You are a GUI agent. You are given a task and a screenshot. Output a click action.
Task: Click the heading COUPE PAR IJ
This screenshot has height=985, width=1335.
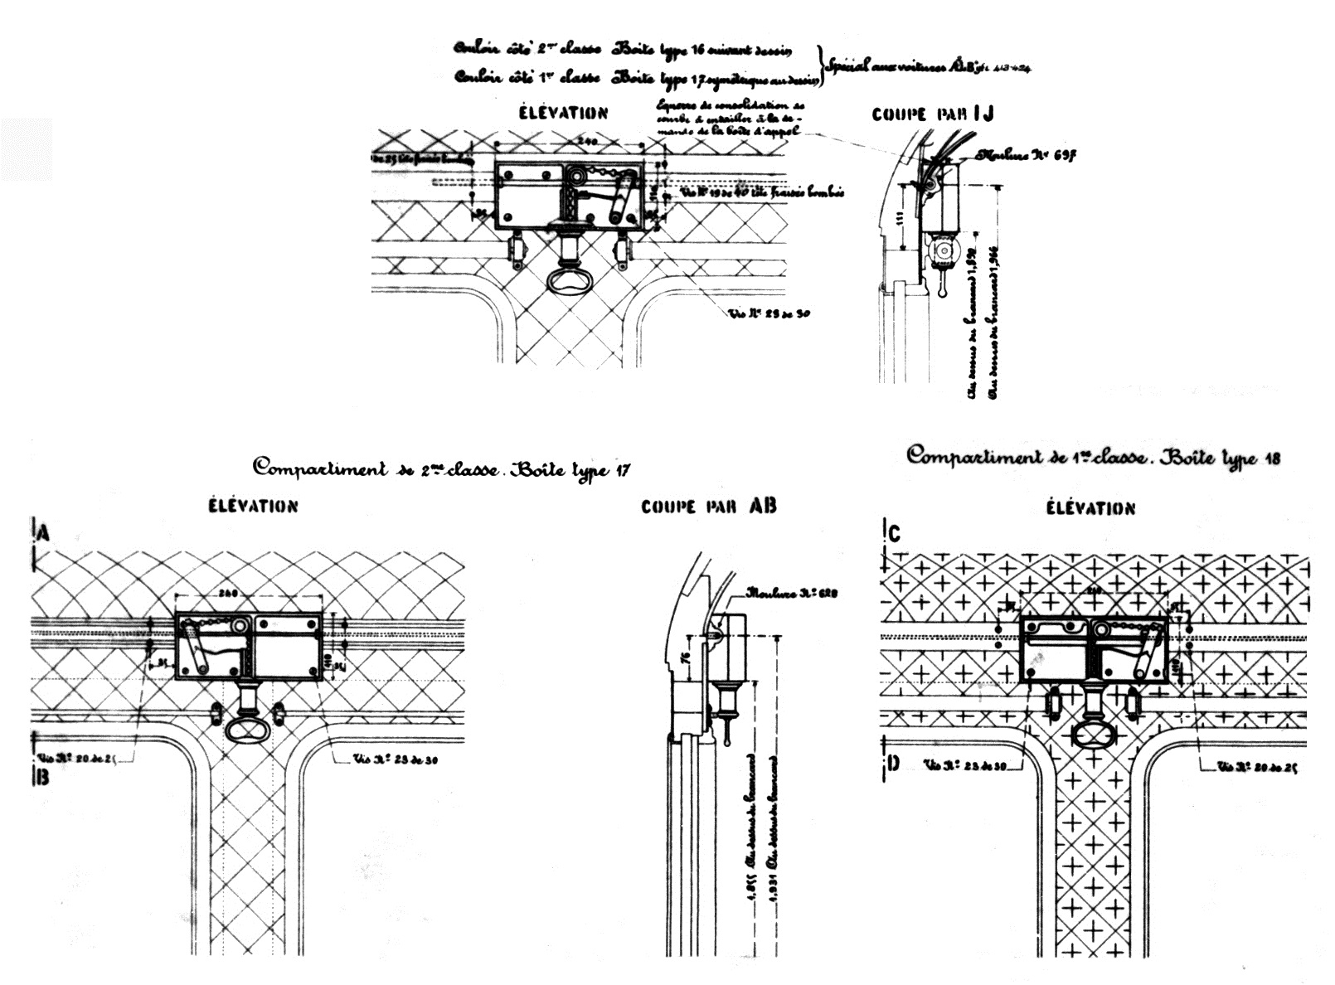(932, 114)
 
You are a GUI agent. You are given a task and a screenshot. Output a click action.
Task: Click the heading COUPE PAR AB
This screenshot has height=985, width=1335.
(708, 506)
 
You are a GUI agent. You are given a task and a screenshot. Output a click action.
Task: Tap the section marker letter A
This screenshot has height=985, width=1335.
(43, 534)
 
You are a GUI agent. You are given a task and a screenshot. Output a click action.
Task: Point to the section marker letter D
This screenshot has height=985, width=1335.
(893, 763)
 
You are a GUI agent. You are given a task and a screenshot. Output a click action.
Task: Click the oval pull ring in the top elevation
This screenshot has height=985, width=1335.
(573, 280)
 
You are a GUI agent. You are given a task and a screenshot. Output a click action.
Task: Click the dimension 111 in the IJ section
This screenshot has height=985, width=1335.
(901, 219)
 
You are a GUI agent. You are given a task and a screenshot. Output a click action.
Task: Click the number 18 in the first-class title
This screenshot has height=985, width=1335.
(1273, 459)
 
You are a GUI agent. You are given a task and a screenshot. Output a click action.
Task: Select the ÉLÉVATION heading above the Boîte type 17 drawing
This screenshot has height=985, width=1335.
(253, 506)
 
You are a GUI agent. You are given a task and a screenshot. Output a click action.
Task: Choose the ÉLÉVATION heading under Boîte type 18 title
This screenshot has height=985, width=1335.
(1090, 507)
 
